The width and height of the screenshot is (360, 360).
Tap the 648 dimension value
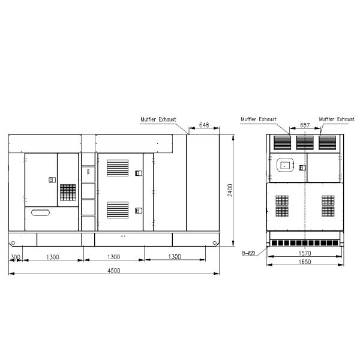[x=203, y=125]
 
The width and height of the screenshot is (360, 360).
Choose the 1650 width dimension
[x=305, y=263]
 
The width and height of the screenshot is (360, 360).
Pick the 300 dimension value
[x=16, y=257]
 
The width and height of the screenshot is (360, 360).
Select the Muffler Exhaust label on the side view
[x=158, y=119]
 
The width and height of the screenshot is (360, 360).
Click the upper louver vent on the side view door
[x=118, y=168]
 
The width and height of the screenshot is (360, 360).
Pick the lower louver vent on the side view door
[x=118, y=210]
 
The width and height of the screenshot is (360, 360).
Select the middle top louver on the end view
[x=305, y=142]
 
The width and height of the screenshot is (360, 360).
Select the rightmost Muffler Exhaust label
[x=337, y=119]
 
